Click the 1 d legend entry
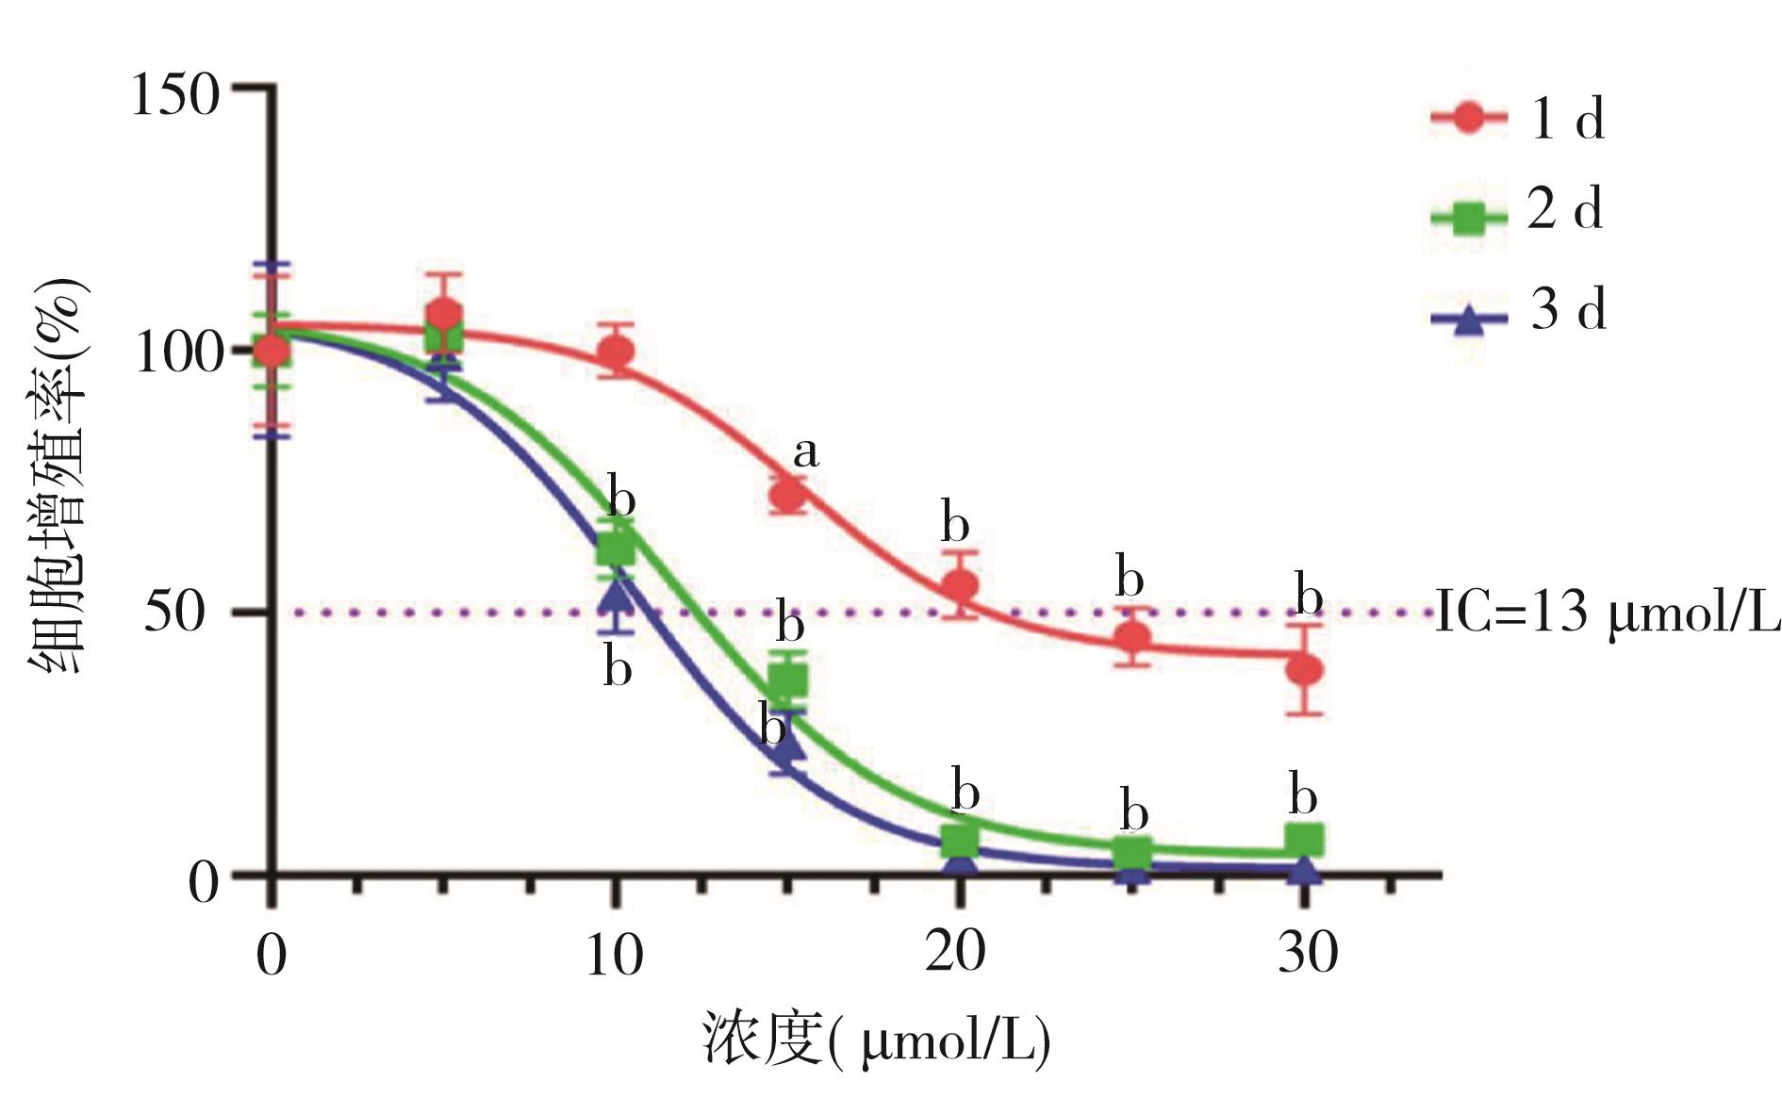[x=1518, y=119]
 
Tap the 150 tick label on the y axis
[x=175, y=94]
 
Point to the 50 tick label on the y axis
[x=174, y=613]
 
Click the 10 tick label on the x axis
[x=614, y=954]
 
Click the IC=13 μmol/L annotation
[x=1607, y=613]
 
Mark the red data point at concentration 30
[x=1305, y=670]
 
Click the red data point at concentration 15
[x=788, y=495]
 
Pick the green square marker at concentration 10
[x=616, y=547]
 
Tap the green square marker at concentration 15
[x=788, y=679]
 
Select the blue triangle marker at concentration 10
[x=616, y=596]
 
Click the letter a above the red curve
[x=805, y=452]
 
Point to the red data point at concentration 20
[x=961, y=586]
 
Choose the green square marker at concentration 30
[x=1305, y=839]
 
